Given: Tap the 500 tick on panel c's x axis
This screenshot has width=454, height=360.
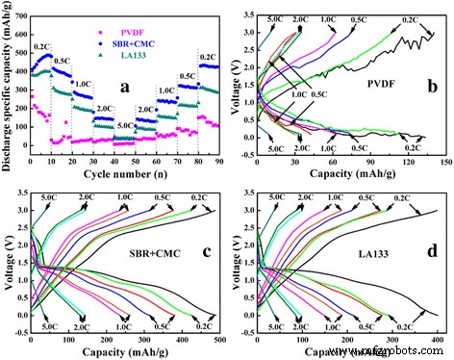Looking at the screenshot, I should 220,342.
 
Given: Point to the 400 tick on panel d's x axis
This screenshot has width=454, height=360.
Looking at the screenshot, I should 439,342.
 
